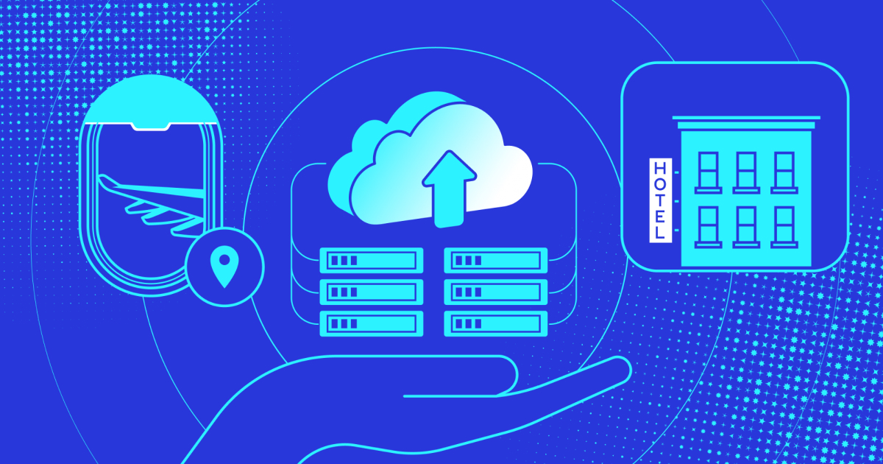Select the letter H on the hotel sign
coord(659,168)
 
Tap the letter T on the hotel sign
coord(659,200)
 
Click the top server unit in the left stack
coord(372,259)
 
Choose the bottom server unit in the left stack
coord(372,323)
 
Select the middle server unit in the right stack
coord(497,291)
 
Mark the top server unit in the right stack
coord(497,259)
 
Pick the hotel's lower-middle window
coord(746,225)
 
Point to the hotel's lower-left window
coord(709,225)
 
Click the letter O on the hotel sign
coord(659,183)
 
